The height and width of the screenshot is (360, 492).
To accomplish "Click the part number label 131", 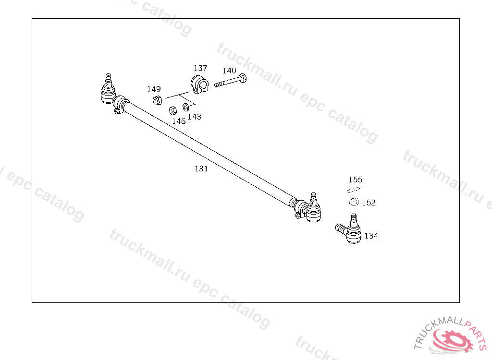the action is point(201,169).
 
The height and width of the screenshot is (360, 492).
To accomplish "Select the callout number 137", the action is point(200,68).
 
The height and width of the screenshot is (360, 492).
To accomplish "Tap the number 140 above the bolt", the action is point(229,71).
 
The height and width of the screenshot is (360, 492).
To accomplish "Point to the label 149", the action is point(154,89).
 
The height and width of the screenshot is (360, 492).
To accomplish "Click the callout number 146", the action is point(179,121).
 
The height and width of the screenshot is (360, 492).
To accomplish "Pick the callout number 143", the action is point(195,117).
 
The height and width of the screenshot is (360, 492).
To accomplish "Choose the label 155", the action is point(356,180).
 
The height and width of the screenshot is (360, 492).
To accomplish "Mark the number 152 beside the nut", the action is point(369,203).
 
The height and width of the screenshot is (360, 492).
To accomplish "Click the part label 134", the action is point(371,236).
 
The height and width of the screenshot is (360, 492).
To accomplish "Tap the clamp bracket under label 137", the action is point(200,84).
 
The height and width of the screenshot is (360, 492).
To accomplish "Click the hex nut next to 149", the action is point(157,100).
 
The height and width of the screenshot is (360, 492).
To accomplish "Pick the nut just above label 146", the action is point(172,110).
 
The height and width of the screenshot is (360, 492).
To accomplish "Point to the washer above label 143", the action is point(185,107).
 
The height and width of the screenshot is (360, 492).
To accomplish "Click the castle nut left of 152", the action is point(353,202).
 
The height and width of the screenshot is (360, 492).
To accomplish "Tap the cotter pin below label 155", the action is point(354,190).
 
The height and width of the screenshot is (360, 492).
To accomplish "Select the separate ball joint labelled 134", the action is point(351,230).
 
